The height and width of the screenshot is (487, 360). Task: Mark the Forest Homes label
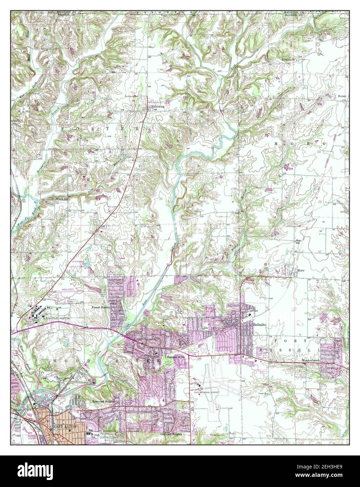pos(101,307)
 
